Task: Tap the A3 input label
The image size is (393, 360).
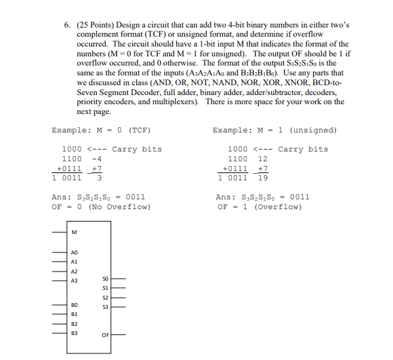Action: (74, 281)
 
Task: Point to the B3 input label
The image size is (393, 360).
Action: (74, 333)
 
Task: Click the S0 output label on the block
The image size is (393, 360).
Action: (105, 279)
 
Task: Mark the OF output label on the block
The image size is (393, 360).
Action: (105, 334)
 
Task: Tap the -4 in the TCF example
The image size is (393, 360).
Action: (97, 159)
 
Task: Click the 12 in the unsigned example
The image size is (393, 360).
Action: (263, 159)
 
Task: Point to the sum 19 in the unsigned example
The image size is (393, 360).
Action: (263, 177)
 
